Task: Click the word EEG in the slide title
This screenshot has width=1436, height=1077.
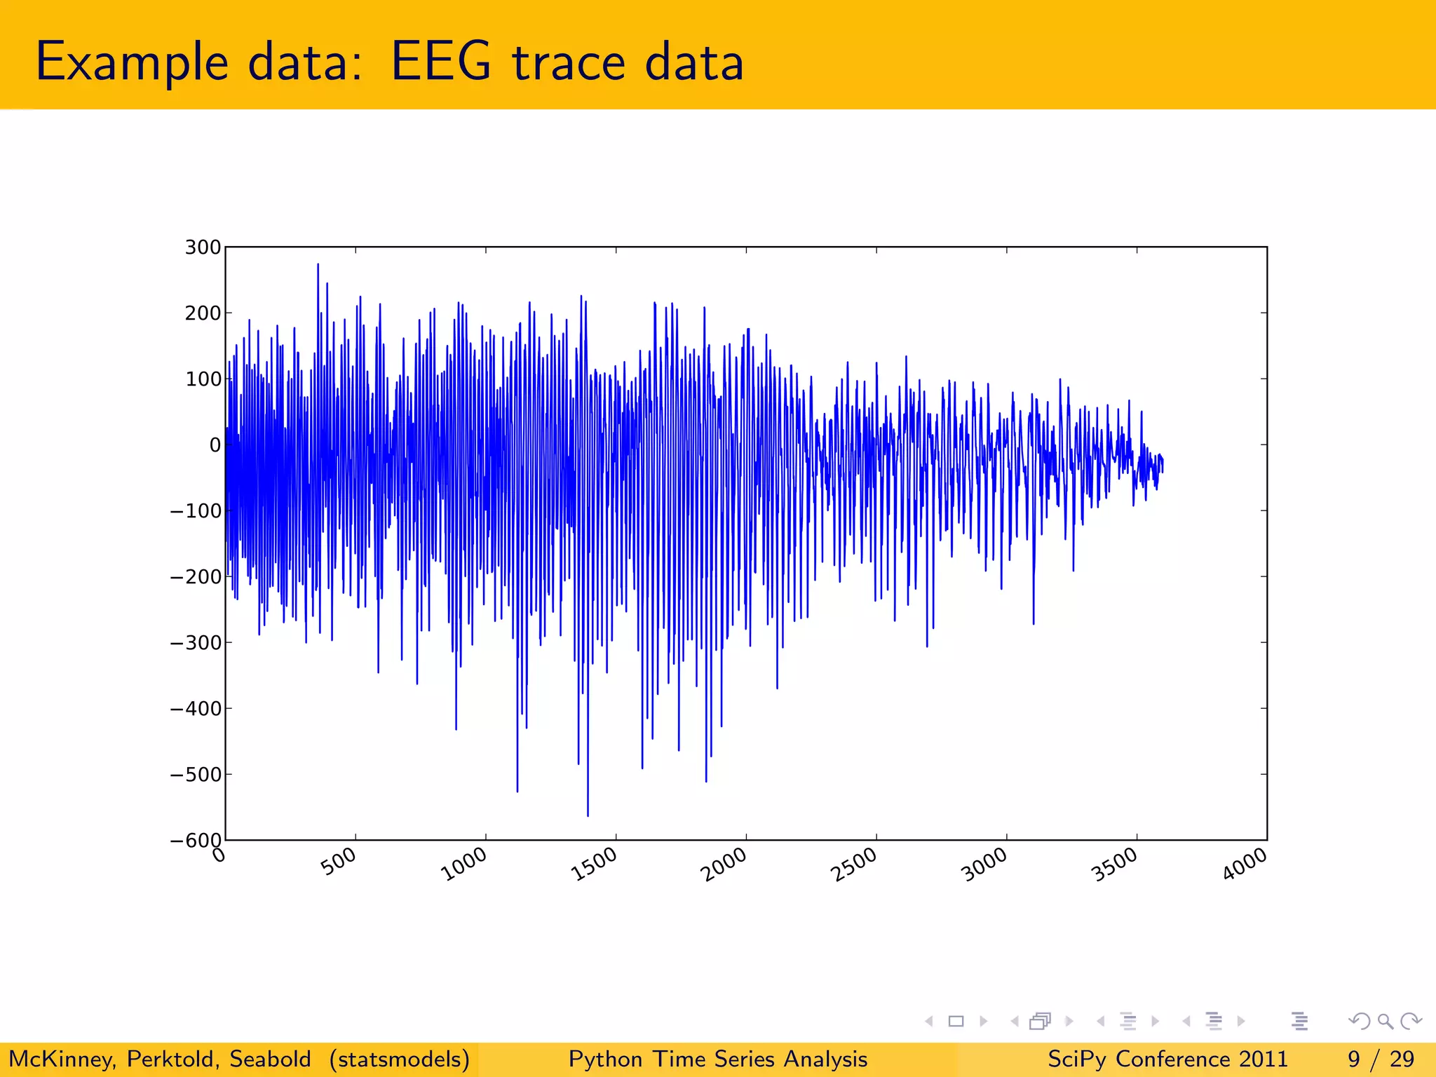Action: pyautogui.click(x=441, y=62)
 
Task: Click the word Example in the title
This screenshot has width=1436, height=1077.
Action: pyautogui.click(x=132, y=63)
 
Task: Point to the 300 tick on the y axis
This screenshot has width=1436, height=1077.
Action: pyautogui.click(x=203, y=248)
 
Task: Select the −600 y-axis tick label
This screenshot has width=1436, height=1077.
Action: pyautogui.click(x=196, y=840)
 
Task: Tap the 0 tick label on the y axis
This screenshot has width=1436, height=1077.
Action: pyautogui.click(x=215, y=445)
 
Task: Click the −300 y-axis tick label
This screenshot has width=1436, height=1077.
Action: pyautogui.click(x=196, y=642)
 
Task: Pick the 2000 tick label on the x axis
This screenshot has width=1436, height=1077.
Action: pyautogui.click(x=724, y=865)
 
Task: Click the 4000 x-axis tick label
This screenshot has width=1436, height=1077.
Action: pyautogui.click(x=1245, y=864)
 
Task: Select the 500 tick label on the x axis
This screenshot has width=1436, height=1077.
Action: pyautogui.click(x=339, y=862)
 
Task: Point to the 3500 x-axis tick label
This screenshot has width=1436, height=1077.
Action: pyautogui.click(x=1115, y=865)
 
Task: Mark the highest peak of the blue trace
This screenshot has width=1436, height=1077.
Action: pyautogui.click(x=318, y=265)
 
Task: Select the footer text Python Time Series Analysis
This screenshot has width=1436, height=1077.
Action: pyautogui.click(x=717, y=1059)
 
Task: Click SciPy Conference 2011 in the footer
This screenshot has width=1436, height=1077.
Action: pyautogui.click(x=1167, y=1059)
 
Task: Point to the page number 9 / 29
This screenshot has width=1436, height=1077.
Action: pyautogui.click(x=1381, y=1059)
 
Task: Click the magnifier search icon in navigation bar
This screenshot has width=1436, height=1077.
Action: pyautogui.click(x=1385, y=1021)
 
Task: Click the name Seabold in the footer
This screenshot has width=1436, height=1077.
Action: pyautogui.click(x=270, y=1059)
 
